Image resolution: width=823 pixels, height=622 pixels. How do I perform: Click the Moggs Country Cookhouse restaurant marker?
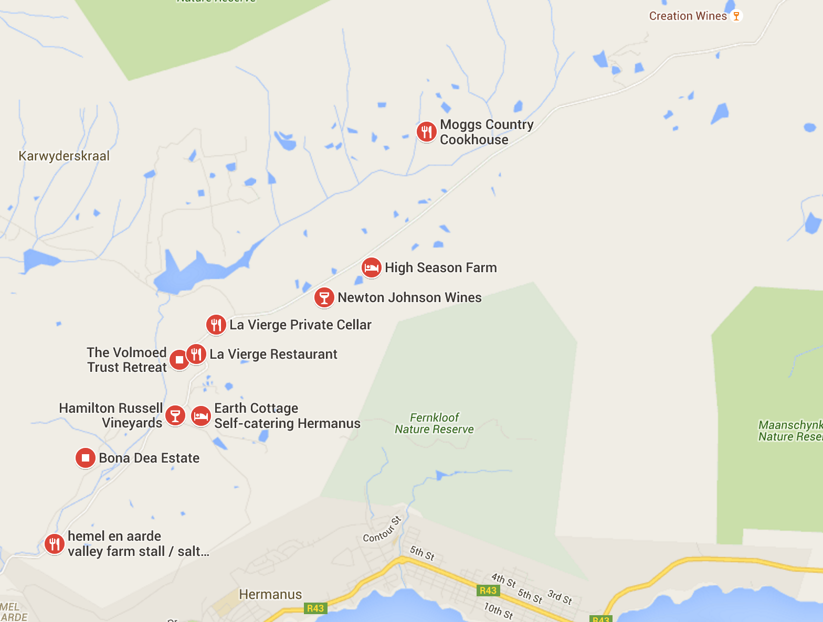click(x=426, y=132)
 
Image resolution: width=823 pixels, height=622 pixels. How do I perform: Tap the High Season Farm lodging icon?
click(x=371, y=267)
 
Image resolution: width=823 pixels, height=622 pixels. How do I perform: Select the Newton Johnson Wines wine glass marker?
click(x=324, y=297)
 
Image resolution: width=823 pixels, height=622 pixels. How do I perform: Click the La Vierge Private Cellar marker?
click(x=216, y=325)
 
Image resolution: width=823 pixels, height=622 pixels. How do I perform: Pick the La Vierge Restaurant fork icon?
click(x=196, y=354)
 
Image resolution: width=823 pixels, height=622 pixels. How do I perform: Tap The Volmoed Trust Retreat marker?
click(x=179, y=360)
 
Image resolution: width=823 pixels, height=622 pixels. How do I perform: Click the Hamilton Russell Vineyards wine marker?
click(x=175, y=416)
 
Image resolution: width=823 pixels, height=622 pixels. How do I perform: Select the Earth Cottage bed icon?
click(x=201, y=416)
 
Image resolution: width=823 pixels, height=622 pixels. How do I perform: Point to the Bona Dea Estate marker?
click(x=85, y=458)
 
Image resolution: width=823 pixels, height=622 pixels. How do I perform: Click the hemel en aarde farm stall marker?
click(x=54, y=544)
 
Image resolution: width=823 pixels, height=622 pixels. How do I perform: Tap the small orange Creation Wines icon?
click(x=736, y=16)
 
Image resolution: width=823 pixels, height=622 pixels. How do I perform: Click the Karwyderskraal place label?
click(x=64, y=156)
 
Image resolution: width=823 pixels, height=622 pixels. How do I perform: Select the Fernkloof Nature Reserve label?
click(x=434, y=423)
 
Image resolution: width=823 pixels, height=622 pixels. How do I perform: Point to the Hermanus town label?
click(x=270, y=594)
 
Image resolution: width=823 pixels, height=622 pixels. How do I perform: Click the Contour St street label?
click(x=382, y=530)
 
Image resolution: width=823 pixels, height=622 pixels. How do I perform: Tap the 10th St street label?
click(x=498, y=610)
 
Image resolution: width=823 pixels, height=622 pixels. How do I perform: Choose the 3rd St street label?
click(x=560, y=597)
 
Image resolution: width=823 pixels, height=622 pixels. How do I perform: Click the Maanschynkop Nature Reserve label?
click(x=790, y=431)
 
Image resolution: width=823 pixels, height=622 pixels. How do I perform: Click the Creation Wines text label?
click(x=688, y=16)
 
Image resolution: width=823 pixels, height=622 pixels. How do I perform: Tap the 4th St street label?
click(x=503, y=580)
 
